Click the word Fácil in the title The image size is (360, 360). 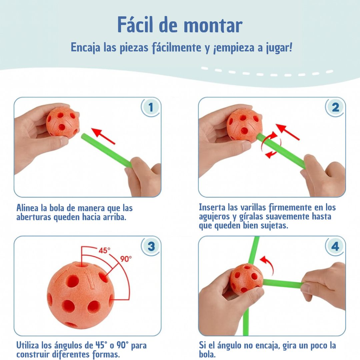(135, 25)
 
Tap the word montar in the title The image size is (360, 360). (213, 26)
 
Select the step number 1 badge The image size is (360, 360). (151, 107)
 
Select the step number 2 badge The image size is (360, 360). (335, 107)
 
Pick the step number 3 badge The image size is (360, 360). (151, 246)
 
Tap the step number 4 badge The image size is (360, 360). (335, 246)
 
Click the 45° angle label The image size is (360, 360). (104, 250)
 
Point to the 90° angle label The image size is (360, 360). (126, 259)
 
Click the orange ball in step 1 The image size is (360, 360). (63, 123)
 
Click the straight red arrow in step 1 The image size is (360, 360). (103, 136)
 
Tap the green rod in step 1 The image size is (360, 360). (106, 150)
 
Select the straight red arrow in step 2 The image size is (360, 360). (287, 132)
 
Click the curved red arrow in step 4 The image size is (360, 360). (268, 264)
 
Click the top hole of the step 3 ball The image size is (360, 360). (82, 265)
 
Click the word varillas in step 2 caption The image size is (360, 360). (253, 207)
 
